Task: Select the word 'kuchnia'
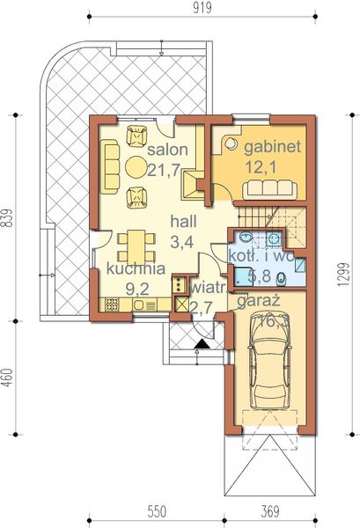tap(137, 268)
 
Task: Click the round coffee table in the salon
tap(135, 166)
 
